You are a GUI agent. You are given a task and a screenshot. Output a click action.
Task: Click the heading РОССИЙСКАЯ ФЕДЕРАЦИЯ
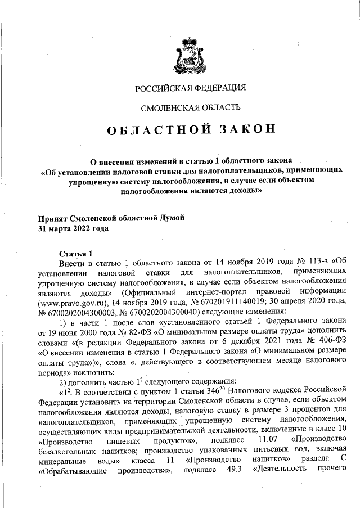(x=191, y=88)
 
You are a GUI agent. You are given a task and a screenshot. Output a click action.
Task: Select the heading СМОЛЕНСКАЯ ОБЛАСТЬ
(x=191, y=107)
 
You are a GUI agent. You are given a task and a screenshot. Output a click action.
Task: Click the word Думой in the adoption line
(x=170, y=218)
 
